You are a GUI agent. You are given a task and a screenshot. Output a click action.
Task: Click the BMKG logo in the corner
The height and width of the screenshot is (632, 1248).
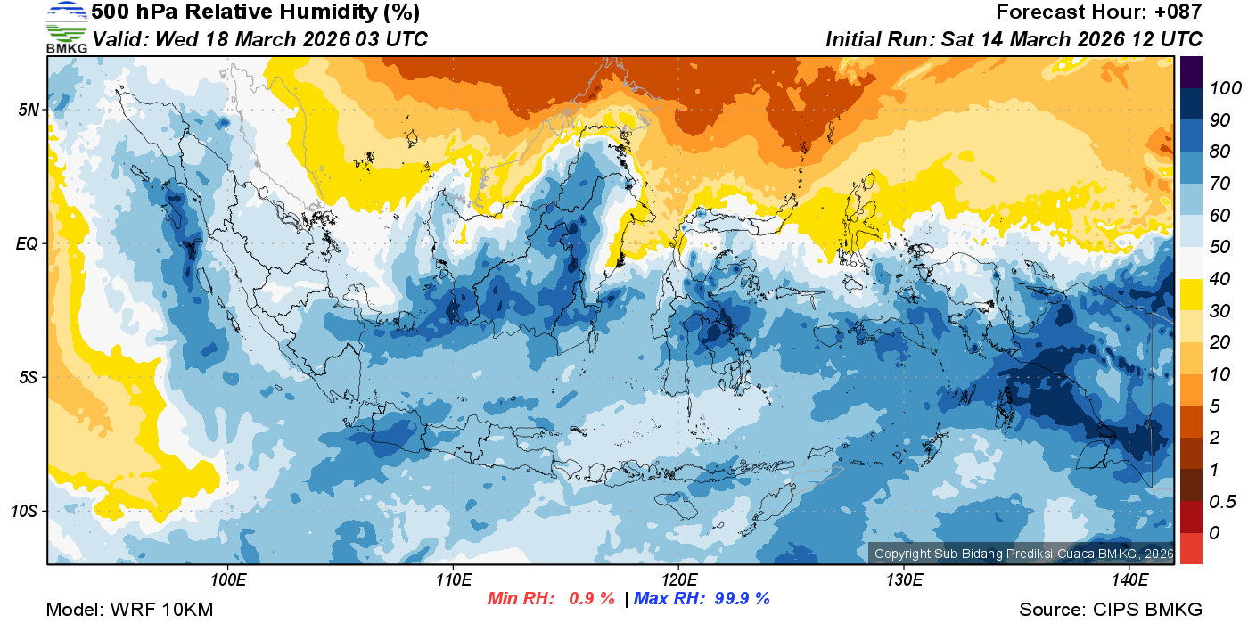[66, 28]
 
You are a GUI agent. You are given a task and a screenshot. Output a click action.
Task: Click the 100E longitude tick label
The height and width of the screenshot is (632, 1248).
[228, 580]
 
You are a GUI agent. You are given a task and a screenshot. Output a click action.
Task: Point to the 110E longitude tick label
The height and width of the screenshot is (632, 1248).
[454, 580]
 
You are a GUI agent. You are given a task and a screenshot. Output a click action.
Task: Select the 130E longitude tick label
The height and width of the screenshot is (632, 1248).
[904, 580]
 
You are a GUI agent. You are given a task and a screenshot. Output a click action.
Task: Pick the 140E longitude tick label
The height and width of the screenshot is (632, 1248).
[1129, 580]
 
